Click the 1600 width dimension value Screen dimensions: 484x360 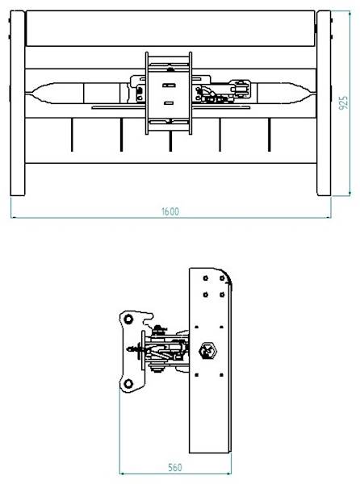170,211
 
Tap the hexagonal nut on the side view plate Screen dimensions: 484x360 207,351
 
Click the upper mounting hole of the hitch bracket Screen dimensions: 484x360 126,320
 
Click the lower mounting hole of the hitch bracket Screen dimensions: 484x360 126,382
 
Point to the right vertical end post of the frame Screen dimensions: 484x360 323,102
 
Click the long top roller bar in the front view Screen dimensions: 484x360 170,29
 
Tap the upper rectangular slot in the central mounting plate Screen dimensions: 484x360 169,84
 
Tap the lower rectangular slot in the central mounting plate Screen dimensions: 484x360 169,102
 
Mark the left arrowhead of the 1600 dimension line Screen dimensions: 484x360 14,217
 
